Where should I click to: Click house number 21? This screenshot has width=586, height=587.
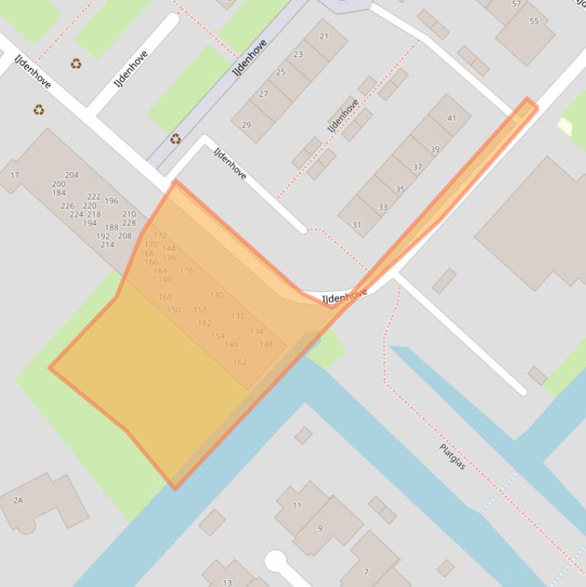tap(324, 37)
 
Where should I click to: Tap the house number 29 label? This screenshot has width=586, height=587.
tap(246, 125)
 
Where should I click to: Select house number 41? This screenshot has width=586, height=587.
tap(452, 118)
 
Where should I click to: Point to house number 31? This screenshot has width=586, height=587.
tap(356, 224)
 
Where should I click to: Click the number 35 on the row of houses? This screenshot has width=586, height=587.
tap(400, 189)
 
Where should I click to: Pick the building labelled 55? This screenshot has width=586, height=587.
tap(533, 21)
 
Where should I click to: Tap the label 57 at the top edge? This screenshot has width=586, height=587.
tap(517, 4)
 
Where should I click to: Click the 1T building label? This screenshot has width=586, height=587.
tap(14, 175)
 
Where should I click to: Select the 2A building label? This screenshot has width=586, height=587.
tap(18, 500)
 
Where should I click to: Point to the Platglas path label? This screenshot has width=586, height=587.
tap(453, 456)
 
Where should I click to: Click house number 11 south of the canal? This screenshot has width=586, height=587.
tap(297, 505)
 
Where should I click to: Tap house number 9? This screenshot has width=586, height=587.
tap(320, 528)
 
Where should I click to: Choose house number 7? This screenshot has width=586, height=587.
tap(367, 572)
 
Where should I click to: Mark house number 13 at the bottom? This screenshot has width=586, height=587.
tap(227, 583)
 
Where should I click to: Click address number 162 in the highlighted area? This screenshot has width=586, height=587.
tap(240, 362)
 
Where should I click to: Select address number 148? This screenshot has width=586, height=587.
tap(266, 345)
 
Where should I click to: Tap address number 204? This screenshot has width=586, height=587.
tap(72, 175)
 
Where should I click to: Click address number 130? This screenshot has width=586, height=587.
tap(216, 295)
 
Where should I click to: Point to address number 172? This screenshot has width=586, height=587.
tap(160, 236)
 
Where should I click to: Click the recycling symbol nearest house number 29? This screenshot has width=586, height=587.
tap(175, 139)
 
